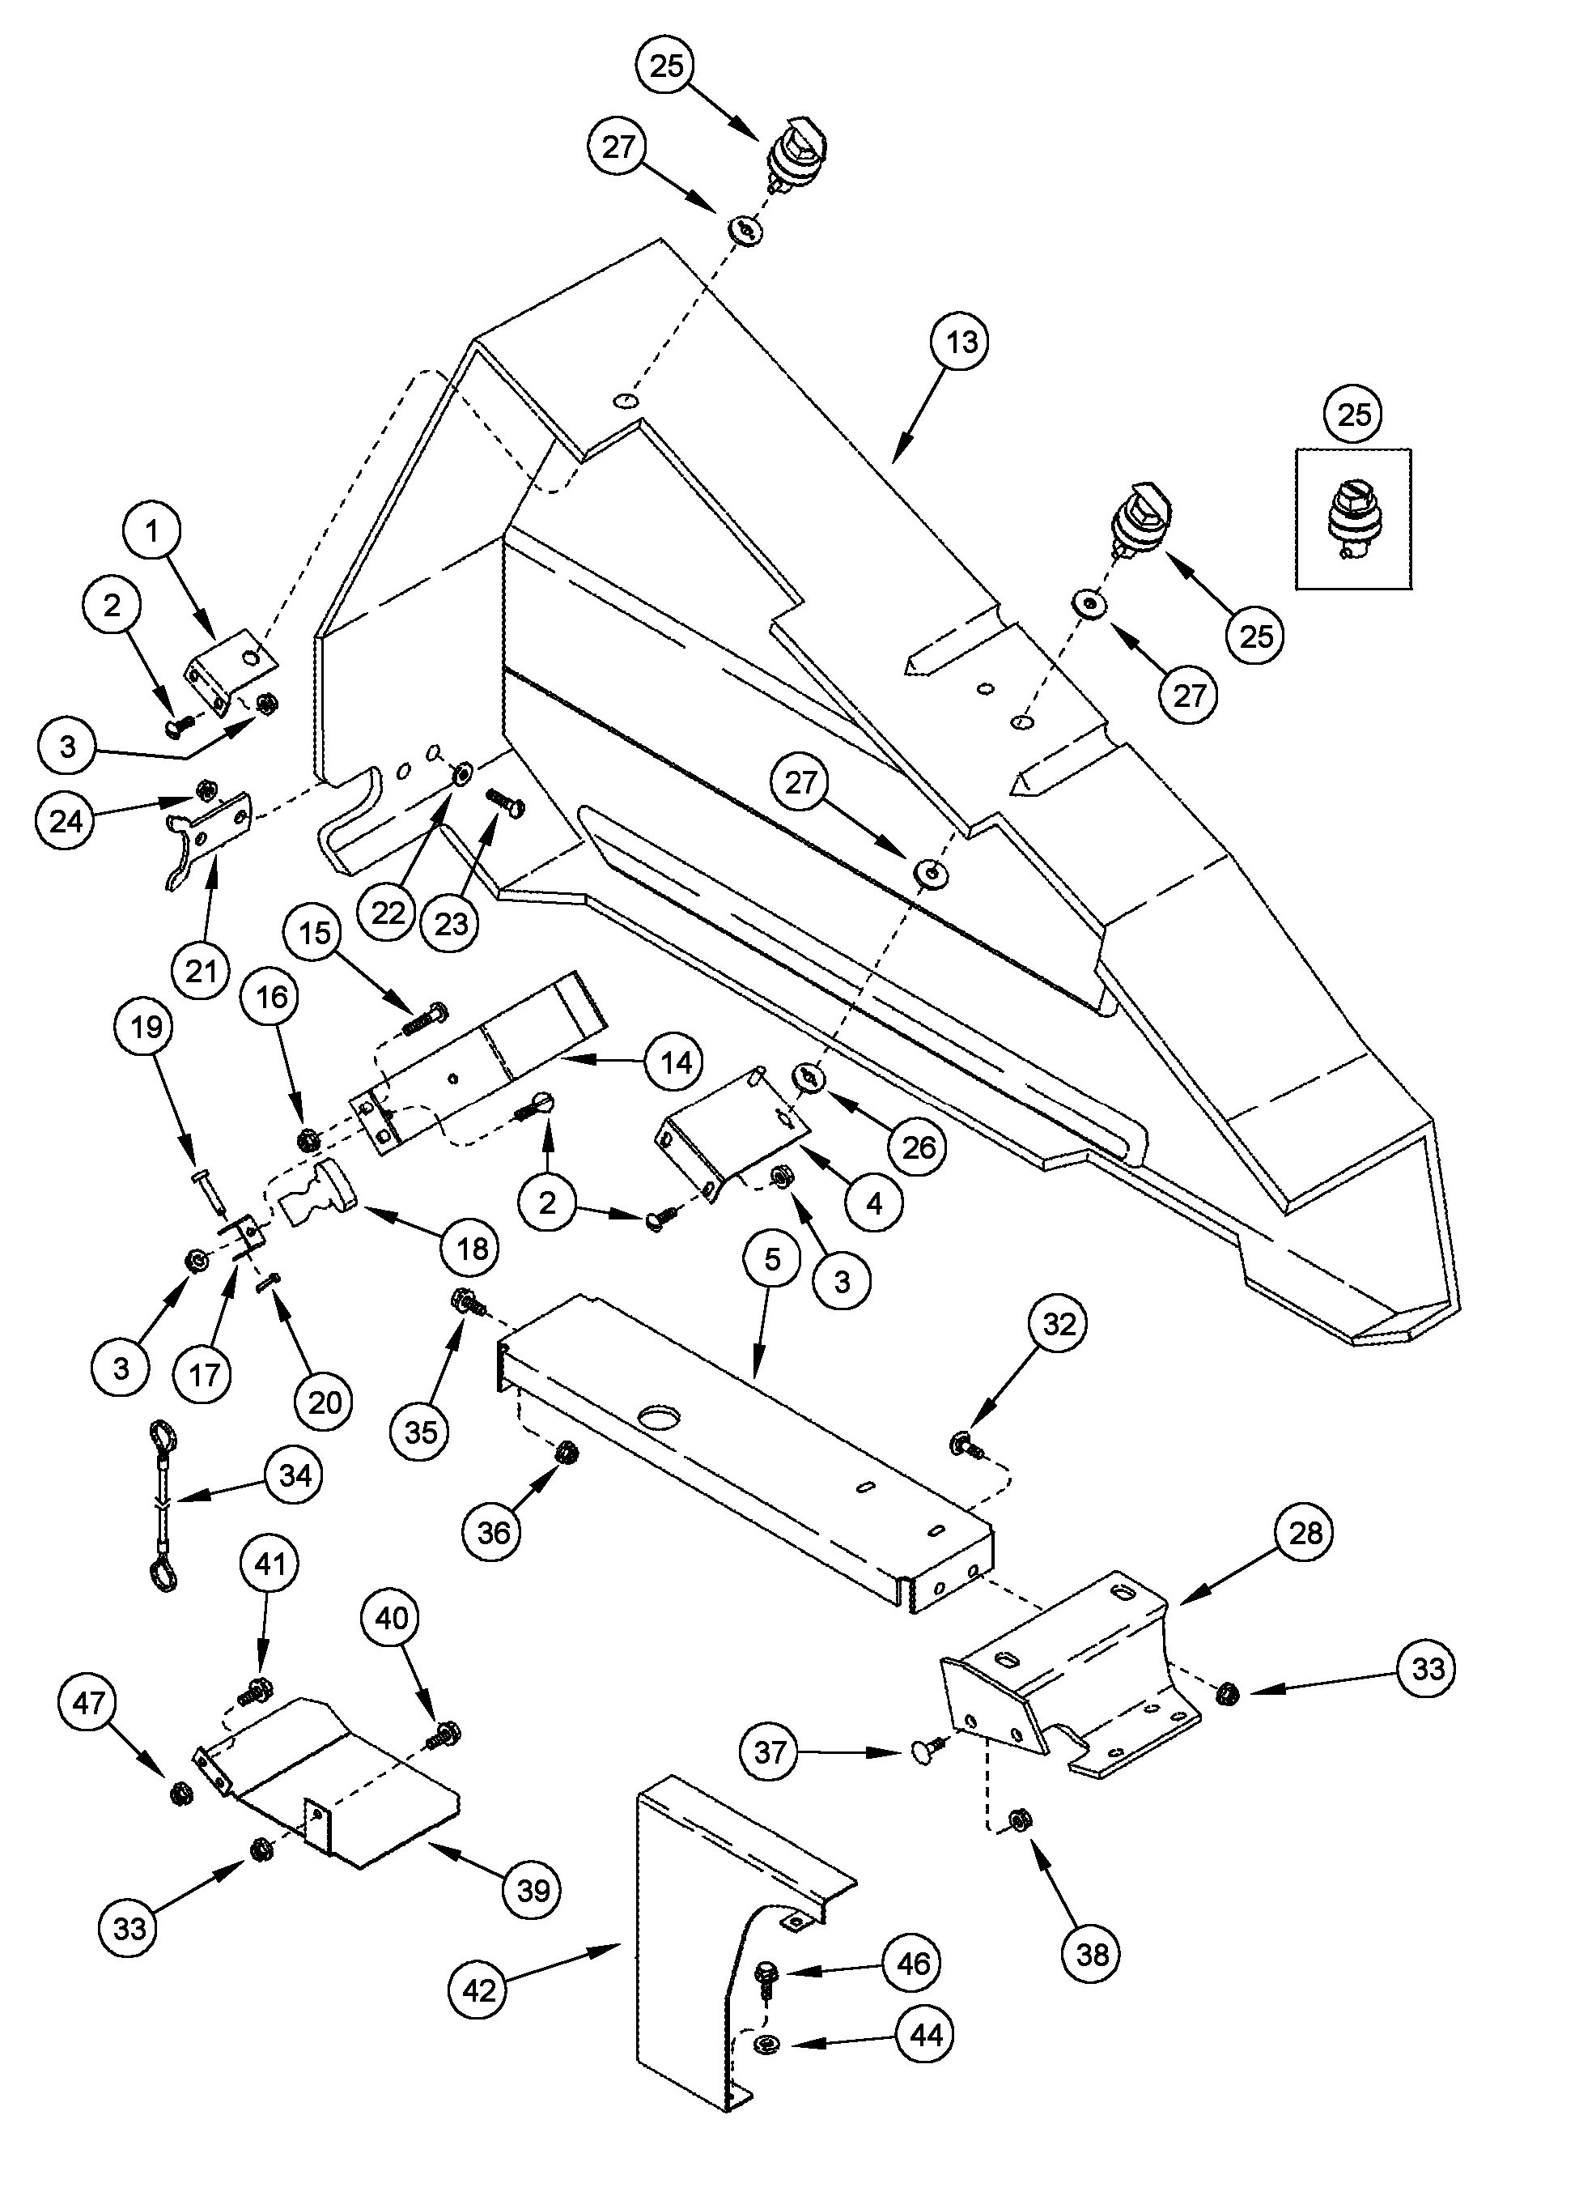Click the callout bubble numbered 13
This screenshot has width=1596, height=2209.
tap(960, 343)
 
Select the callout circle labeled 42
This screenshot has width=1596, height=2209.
tap(479, 1991)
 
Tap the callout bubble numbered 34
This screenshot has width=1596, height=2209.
tap(295, 1475)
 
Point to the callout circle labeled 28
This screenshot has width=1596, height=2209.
tap(1305, 1532)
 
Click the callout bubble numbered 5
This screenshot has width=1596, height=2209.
tap(772, 1258)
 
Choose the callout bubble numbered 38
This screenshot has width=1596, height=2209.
tap(1092, 1954)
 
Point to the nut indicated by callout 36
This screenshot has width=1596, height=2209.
tap(562, 1455)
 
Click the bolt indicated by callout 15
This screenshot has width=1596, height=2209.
tap(425, 1019)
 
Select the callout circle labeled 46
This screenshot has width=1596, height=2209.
tap(912, 1964)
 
